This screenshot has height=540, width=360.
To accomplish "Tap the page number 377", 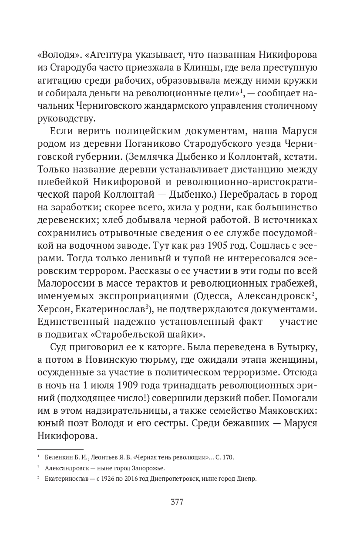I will [177, 502].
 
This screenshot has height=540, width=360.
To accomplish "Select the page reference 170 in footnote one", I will [229, 457].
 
